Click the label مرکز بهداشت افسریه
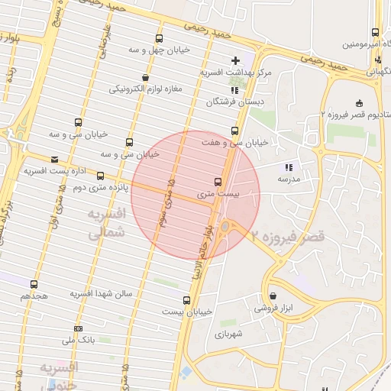tap(233, 73)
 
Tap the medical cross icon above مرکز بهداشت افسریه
tap(235, 60)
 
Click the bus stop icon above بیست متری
tap(218, 182)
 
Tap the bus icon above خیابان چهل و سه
tap(159, 38)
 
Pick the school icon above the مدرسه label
tap(289, 166)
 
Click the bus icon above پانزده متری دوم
tap(101, 176)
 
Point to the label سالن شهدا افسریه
tap(102, 293)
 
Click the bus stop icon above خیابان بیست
tap(187, 300)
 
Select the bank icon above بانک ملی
tap(77, 328)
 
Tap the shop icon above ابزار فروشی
tap(273, 296)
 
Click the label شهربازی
tap(228, 334)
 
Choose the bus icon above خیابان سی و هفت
tap(234, 131)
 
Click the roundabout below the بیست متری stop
tap(227, 225)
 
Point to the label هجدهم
tap(35, 295)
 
